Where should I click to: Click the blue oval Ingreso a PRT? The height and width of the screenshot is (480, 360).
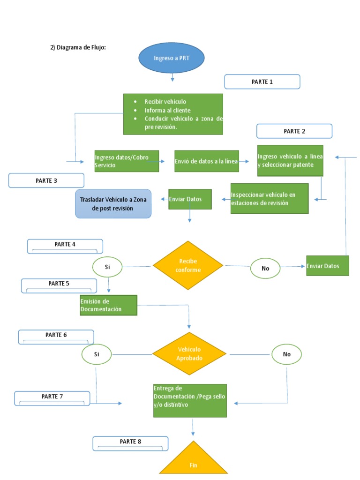click(172, 58)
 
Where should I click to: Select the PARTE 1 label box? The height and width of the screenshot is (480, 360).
click(262, 82)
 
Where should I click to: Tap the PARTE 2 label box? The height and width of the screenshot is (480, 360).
click(294, 131)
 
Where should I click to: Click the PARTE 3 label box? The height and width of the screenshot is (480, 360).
click(46, 180)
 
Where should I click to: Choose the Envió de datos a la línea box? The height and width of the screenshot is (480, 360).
click(206, 161)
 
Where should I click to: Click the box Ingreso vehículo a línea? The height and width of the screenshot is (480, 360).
click(290, 160)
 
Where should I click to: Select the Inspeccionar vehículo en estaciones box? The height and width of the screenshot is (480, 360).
click(270, 198)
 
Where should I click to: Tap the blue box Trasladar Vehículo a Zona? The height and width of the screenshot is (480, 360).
click(113, 203)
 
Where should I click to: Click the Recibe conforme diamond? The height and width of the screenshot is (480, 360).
click(188, 266)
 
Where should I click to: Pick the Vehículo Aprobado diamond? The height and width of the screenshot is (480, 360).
click(189, 354)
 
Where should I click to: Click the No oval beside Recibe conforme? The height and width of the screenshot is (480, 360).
click(265, 269)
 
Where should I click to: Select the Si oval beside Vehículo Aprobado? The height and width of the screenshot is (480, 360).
click(97, 354)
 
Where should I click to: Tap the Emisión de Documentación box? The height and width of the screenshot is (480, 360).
click(108, 305)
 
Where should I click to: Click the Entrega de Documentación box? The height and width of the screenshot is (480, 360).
click(190, 400)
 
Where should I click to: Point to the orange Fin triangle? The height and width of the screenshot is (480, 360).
click(193, 462)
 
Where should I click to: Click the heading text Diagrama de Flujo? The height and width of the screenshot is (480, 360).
click(78, 47)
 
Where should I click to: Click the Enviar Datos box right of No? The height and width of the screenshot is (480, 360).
click(327, 266)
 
